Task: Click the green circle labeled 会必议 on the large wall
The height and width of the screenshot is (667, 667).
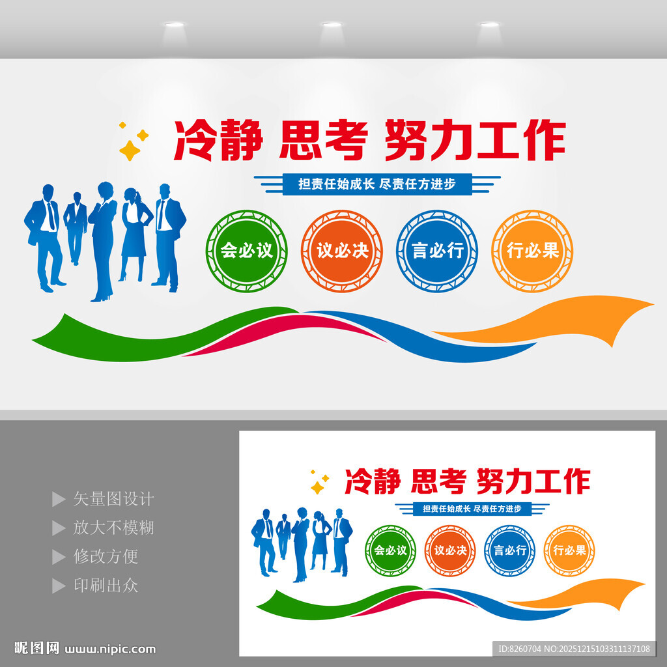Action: tap(246, 251)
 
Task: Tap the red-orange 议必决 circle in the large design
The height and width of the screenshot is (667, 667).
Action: tap(342, 251)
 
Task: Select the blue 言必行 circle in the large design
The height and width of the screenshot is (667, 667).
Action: tap(437, 251)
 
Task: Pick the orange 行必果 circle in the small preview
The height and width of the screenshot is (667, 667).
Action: tap(569, 550)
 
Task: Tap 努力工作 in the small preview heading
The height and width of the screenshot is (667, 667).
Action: tap(533, 481)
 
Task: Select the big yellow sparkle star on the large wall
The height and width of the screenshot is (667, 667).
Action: tap(130, 150)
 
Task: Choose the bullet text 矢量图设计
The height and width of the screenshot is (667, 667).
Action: tap(113, 499)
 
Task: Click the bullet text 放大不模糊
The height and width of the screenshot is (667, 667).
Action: tap(113, 528)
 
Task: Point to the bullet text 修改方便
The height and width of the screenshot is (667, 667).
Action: tap(106, 556)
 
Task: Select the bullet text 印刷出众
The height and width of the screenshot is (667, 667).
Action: tap(106, 585)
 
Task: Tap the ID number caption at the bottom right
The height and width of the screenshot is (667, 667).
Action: tap(574, 649)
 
